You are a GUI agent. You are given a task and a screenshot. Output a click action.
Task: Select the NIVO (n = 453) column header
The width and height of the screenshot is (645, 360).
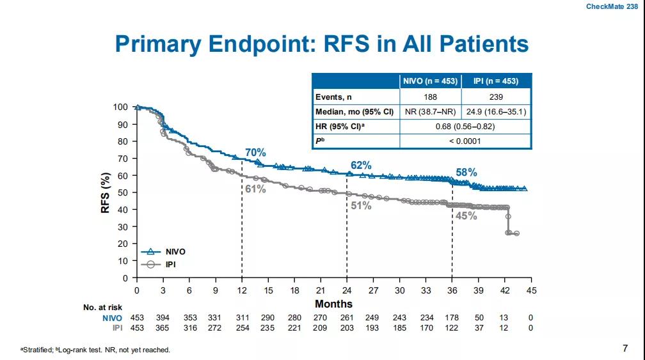pyautogui.click(x=430, y=81)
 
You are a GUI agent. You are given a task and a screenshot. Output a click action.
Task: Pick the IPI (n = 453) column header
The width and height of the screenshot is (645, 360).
pyautogui.click(x=496, y=81)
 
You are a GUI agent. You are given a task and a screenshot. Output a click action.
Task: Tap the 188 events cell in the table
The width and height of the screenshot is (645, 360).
pyautogui.click(x=430, y=97)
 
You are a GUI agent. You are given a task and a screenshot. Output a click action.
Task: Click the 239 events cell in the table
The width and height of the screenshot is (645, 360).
pyautogui.click(x=496, y=97)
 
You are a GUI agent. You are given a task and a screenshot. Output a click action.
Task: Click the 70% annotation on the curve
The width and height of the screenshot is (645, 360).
pyautogui.click(x=255, y=152)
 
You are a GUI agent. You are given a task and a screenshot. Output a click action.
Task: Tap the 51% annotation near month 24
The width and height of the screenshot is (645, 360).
pyautogui.click(x=362, y=206)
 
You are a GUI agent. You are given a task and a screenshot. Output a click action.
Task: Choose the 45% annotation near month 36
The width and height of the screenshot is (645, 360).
pyautogui.click(x=466, y=216)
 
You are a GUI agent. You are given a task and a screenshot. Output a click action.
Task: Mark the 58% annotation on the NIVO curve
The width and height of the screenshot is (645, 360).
pyautogui.click(x=466, y=173)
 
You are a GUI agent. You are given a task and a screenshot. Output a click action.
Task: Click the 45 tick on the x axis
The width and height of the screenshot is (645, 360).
pyautogui.click(x=531, y=291)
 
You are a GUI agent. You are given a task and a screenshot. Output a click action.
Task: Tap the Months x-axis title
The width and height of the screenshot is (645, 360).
pyautogui.click(x=333, y=304)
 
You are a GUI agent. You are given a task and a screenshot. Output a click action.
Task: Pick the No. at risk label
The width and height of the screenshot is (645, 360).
pyautogui.click(x=102, y=308)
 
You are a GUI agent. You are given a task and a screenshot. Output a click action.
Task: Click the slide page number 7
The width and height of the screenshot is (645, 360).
pyautogui.click(x=625, y=348)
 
